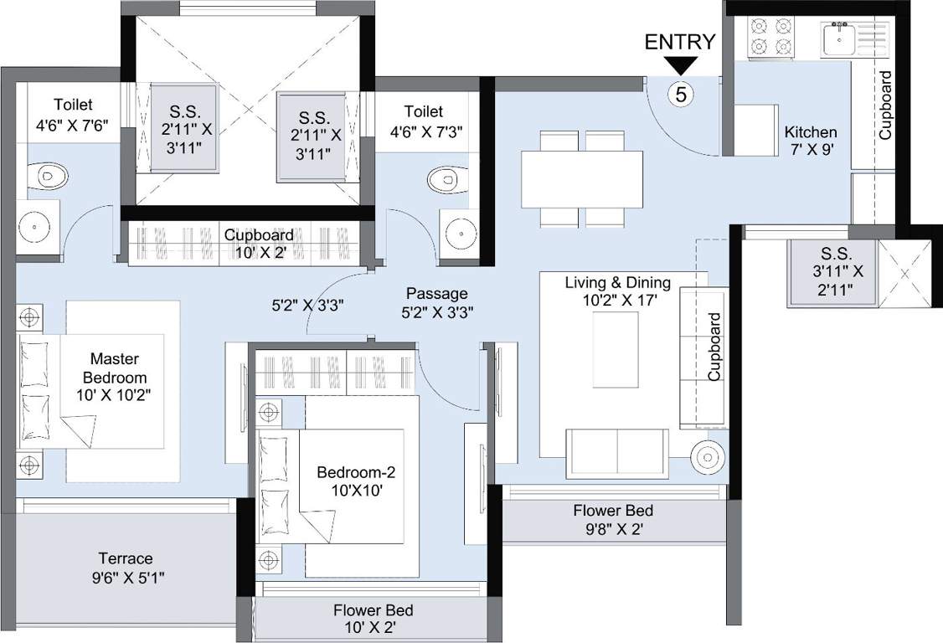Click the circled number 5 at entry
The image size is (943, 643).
coord(681,94)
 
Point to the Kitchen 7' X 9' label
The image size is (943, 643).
coord(810,141)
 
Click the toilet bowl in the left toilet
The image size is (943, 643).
coord(52,176)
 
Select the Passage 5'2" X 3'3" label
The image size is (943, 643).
coord(436,301)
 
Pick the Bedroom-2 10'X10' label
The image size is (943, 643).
coord(355,481)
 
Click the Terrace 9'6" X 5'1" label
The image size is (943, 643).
coord(126,567)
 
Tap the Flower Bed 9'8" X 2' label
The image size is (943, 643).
coord(613,519)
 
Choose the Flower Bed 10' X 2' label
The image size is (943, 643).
coord(373,620)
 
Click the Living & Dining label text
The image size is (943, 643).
coord(617,291)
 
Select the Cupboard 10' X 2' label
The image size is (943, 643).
coord(258,243)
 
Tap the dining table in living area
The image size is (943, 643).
coord(582,177)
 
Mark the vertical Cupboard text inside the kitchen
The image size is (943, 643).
coord(885,105)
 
